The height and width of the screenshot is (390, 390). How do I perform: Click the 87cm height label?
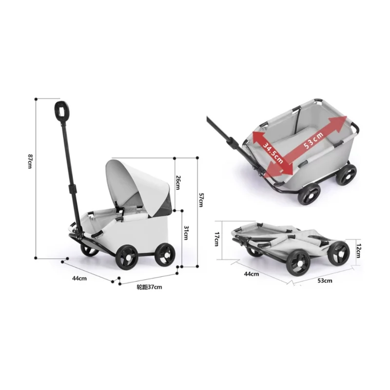tap(30, 161)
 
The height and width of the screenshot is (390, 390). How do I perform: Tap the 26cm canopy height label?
tap(177, 182)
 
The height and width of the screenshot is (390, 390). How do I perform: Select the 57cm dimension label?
tap(201, 200)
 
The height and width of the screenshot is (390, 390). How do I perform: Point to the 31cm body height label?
tap(186, 233)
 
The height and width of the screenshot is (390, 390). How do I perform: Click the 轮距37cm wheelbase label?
tap(149, 287)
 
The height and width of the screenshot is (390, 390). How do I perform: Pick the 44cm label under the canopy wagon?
tap(79, 278)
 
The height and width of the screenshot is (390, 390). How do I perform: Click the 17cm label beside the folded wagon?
tap(216, 239)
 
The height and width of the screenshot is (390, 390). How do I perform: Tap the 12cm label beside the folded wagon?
tap(358, 251)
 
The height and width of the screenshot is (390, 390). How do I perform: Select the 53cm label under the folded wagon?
tap(325, 281)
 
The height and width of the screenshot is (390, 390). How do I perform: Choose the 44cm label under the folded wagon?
tap(252, 274)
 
